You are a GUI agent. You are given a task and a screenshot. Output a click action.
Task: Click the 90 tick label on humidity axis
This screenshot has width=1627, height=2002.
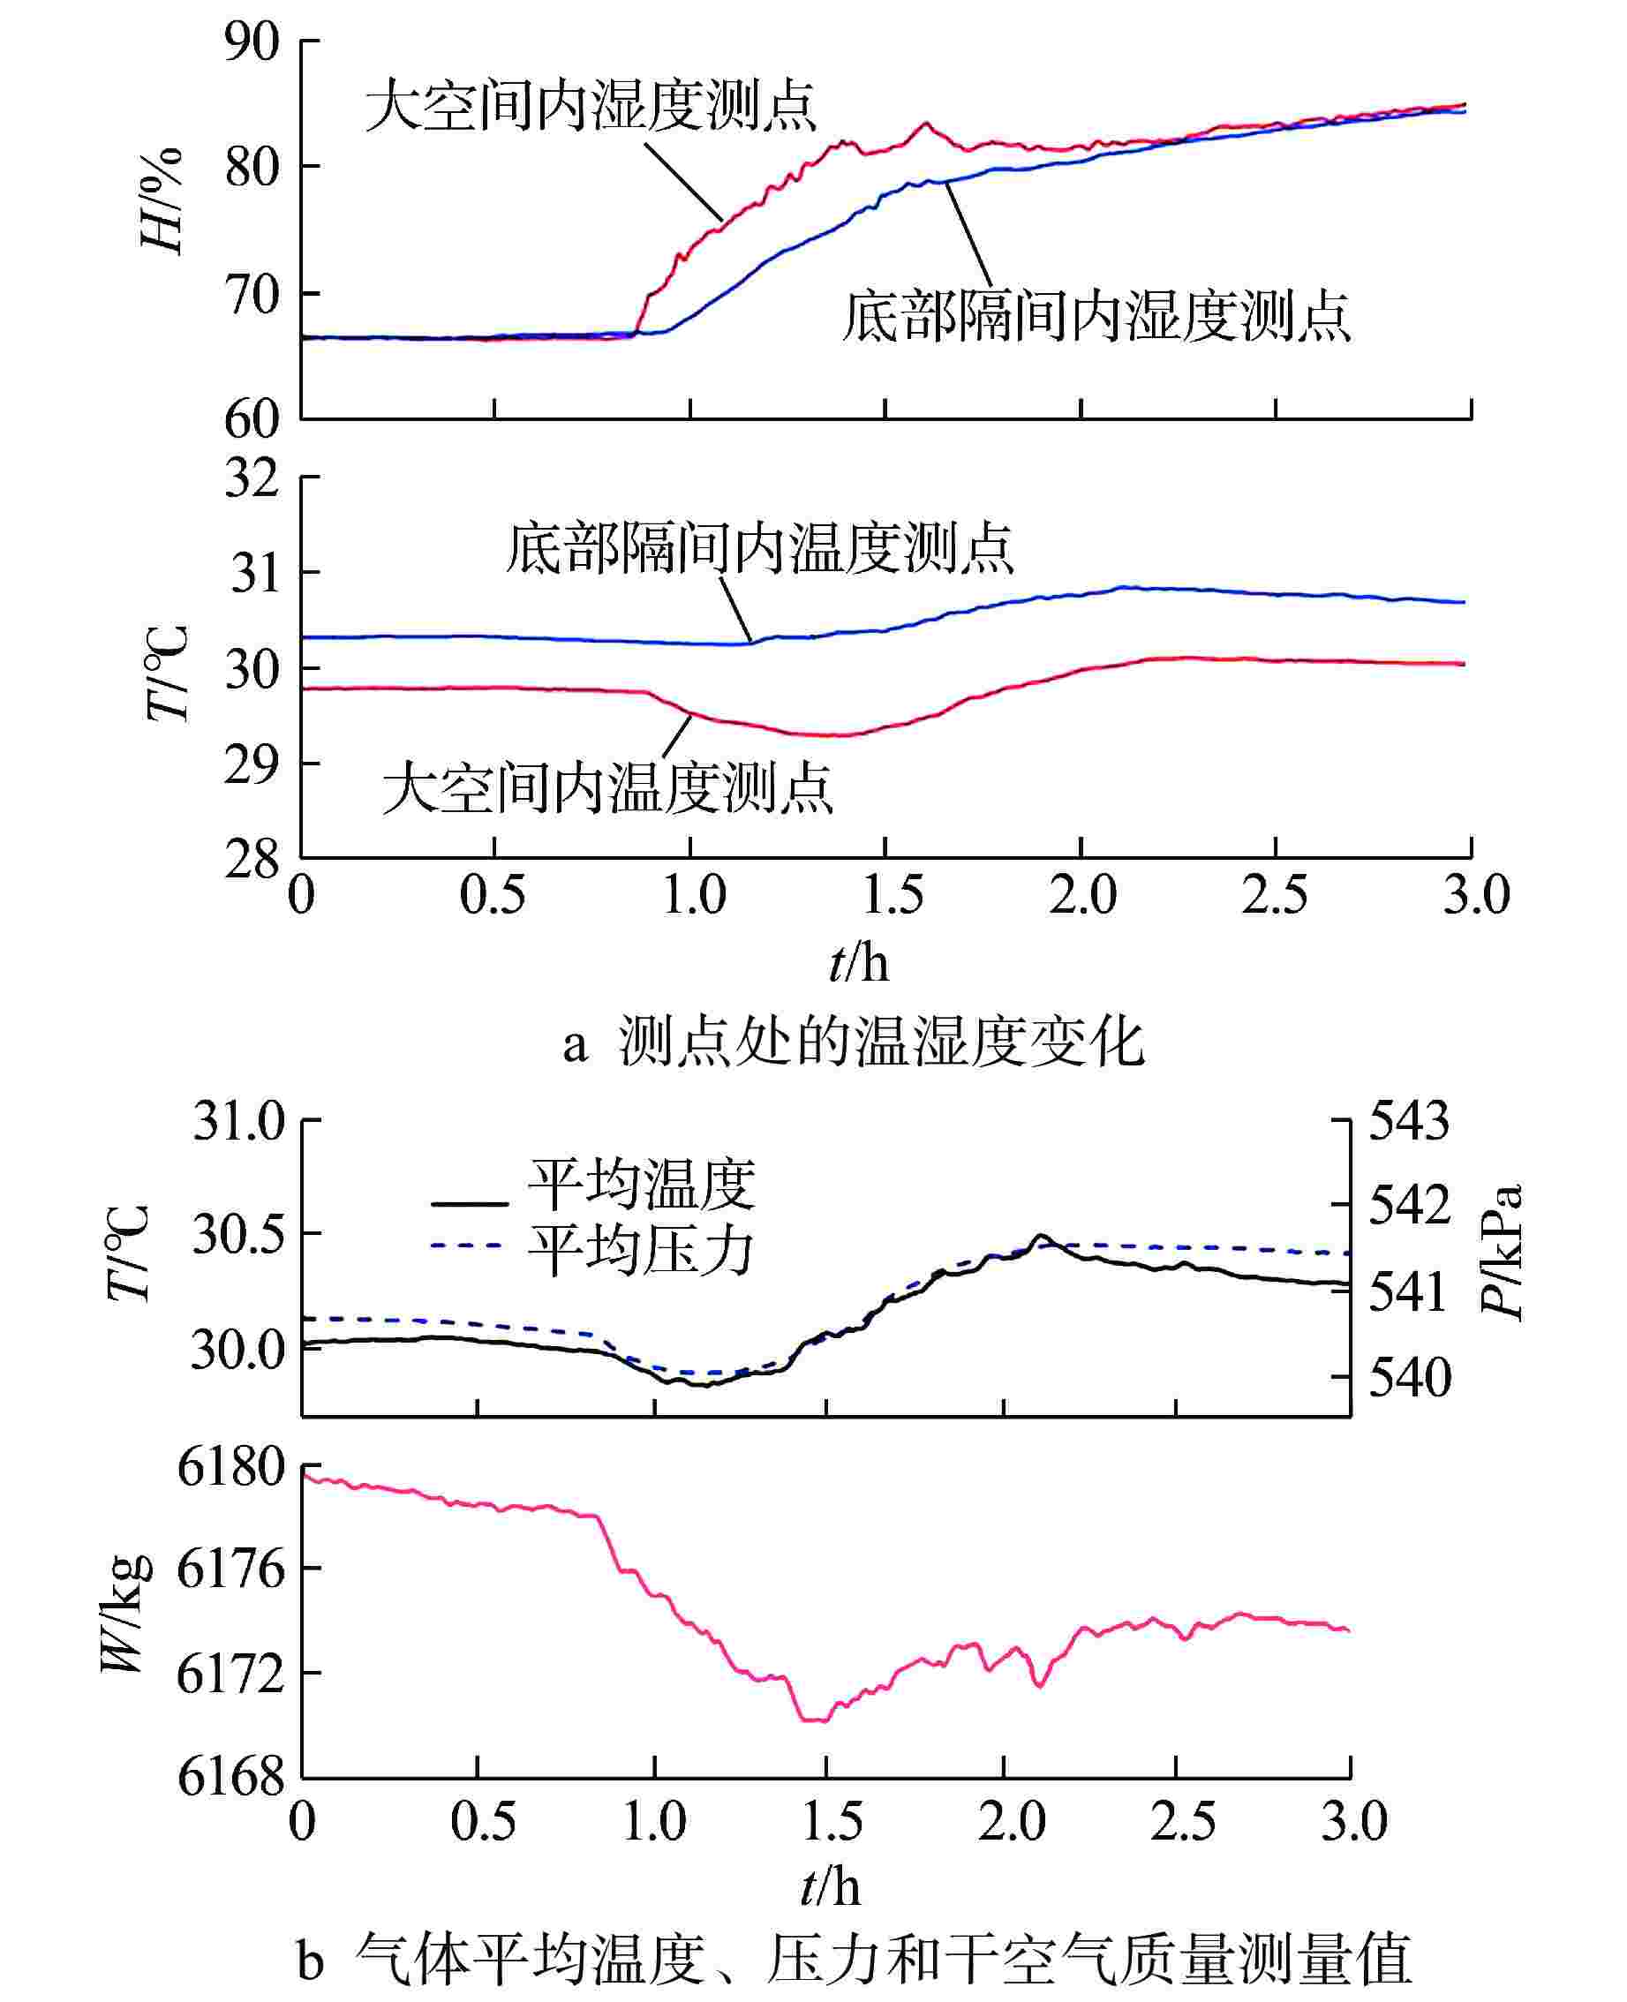pos(252,43)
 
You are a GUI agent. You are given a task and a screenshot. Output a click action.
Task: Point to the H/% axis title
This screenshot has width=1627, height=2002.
pos(162,200)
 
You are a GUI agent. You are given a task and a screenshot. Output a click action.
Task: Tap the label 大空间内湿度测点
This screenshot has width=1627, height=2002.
pos(591,105)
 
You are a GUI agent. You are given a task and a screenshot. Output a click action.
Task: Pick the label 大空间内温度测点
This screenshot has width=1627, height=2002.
pos(607,787)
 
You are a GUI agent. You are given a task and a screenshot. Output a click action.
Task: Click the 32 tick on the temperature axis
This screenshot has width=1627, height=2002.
pos(252,478)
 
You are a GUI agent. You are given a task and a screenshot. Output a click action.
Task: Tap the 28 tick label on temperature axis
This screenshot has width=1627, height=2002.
pos(252,859)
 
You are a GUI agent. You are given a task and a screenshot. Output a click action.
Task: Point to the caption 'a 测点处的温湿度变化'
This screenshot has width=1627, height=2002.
pos(853,1042)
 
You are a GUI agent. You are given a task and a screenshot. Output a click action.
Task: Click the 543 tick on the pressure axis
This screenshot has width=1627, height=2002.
pos(1409,1121)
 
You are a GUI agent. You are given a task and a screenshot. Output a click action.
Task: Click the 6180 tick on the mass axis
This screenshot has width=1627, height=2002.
pos(230,1468)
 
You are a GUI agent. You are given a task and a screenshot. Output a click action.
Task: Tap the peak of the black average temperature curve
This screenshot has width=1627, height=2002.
pos(1038,1237)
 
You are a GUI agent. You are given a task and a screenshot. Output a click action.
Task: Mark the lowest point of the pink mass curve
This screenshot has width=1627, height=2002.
pos(816,1720)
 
